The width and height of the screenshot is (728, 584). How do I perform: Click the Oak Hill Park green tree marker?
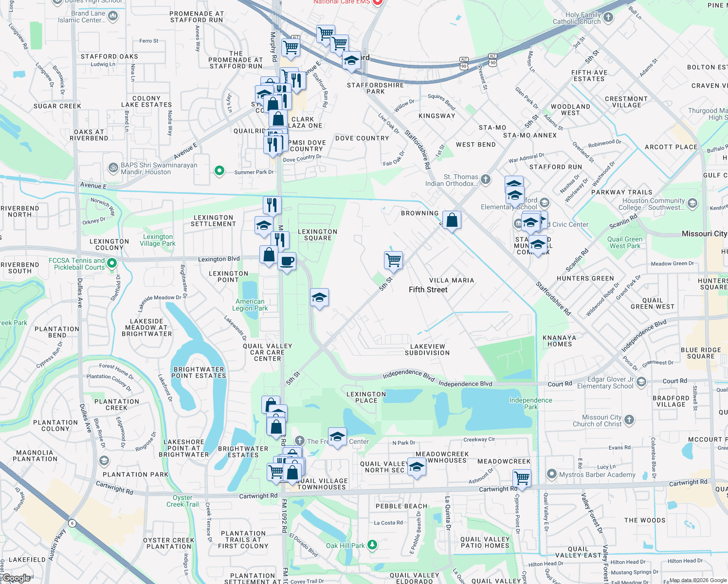[372, 545]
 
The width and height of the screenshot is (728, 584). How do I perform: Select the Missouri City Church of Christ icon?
[629, 420]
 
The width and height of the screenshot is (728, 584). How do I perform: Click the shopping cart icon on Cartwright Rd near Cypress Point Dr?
[522, 478]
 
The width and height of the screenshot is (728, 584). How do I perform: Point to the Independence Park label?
[530, 403]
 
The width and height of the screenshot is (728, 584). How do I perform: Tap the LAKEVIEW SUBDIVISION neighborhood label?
[427, 349]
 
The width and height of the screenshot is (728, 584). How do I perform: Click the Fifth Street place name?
[428, 290]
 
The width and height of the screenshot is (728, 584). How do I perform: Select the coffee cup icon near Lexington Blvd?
[287, 261]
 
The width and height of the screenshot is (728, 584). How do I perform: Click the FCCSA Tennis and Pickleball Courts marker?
[112, 263]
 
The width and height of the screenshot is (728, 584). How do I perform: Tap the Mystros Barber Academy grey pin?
[551, 474]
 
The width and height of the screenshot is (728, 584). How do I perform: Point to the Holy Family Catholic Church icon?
[608, 18]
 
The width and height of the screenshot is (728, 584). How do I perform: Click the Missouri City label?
[704, 234]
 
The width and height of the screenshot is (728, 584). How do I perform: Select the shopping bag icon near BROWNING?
[452, 220]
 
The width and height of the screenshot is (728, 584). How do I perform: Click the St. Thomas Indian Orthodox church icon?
[486, 179]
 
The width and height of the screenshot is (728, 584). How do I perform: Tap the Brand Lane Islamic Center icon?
[113, 16]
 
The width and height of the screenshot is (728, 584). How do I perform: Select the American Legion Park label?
[250, 305]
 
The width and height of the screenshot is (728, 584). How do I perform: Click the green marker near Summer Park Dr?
[219, 170]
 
